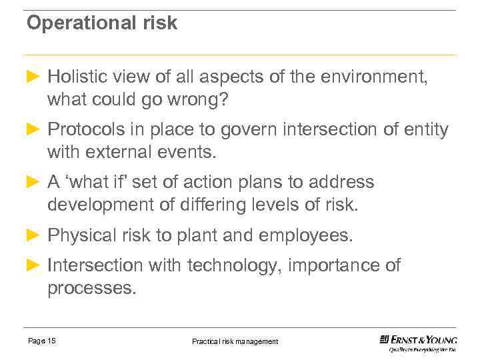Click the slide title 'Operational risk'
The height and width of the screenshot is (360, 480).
click(102, 23)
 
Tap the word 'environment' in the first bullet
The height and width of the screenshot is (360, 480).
click(369, 77)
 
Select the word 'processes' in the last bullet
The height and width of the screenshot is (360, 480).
click(89, 288)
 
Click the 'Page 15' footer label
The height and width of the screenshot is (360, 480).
click(42, 341)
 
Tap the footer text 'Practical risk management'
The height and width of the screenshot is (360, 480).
click(235, 341)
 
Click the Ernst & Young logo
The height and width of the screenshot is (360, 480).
click(418, 343)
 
